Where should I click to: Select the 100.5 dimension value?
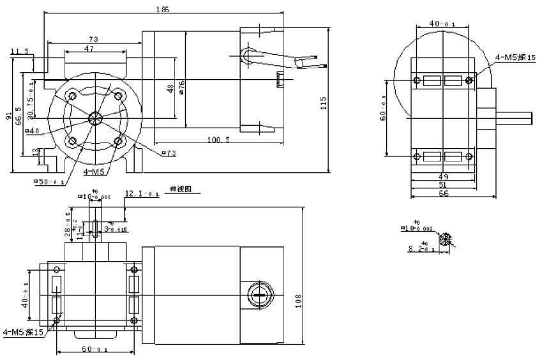point(218,139)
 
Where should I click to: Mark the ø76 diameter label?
point(182,87)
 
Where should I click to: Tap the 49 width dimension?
point(443,176)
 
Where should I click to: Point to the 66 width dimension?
point(443,192)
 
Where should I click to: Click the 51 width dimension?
point(443,184)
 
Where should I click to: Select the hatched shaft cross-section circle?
point(444,239)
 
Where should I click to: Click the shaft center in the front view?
point(96,116)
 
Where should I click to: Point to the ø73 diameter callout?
point(169,153)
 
